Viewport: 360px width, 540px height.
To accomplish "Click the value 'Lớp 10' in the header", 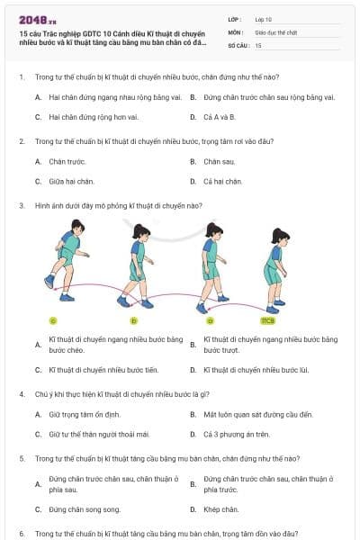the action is click(x=264, y=18).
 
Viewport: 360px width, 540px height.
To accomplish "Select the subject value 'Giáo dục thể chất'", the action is click(x=272, y=31).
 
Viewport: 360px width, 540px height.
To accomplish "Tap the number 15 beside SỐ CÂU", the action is click(x=258, y=44).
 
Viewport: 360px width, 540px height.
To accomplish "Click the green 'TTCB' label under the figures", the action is click(x=267, y=320).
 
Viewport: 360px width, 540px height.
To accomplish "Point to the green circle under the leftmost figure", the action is click(x=53, y=320).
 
